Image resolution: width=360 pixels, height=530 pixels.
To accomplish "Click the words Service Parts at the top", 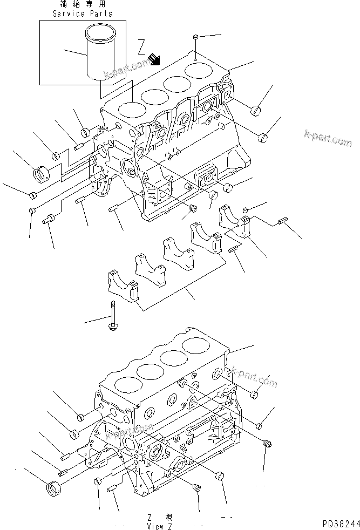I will click(83, 13).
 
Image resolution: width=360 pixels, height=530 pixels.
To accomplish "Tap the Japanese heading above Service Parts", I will click(83, 4).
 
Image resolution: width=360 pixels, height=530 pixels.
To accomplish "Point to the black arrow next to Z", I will click(156, 58).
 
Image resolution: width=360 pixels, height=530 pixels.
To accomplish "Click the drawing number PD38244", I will click(341, 524).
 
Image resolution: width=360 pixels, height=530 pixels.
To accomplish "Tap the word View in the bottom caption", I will click(154, 525).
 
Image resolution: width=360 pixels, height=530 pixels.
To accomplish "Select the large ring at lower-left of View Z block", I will click(52, 485).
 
